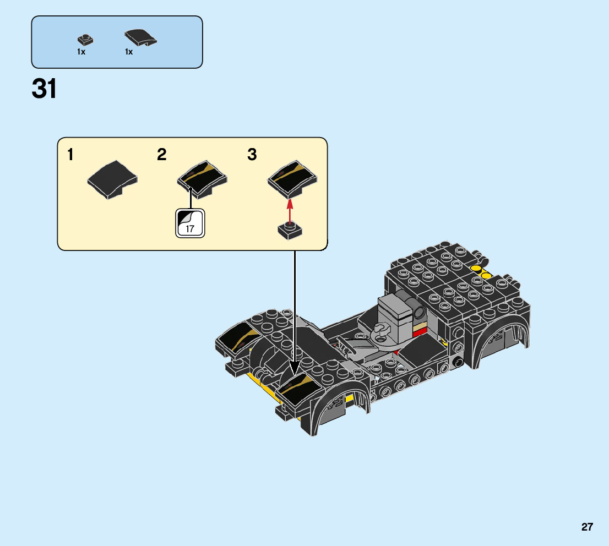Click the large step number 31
44,89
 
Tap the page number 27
587,527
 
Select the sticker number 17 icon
190,223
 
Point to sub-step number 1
70,154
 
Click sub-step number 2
161,154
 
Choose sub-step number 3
252,154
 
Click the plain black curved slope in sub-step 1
112,180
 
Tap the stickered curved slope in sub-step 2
202,179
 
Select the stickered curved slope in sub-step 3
292,179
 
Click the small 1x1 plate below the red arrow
290,230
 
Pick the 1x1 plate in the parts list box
85,40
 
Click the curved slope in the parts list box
140,38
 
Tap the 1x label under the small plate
81,52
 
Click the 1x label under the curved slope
129,52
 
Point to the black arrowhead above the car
295,367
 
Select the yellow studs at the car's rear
481,272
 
